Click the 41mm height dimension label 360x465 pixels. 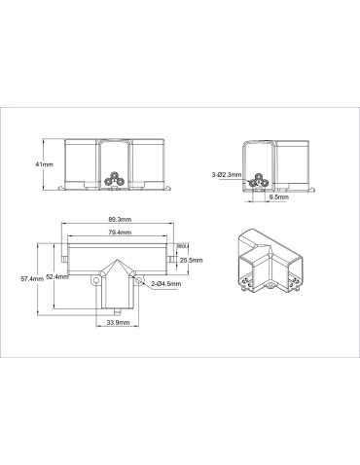[x=44, y=165]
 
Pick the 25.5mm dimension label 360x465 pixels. [x=192, y=261]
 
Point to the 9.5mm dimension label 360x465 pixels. [x=277, y=196]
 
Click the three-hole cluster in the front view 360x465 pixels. [x=115, y=180]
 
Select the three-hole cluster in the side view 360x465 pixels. [x=258, y=180]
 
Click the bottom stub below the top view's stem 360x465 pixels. [x=115, y=314]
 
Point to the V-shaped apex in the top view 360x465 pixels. [x=115, y=263]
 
